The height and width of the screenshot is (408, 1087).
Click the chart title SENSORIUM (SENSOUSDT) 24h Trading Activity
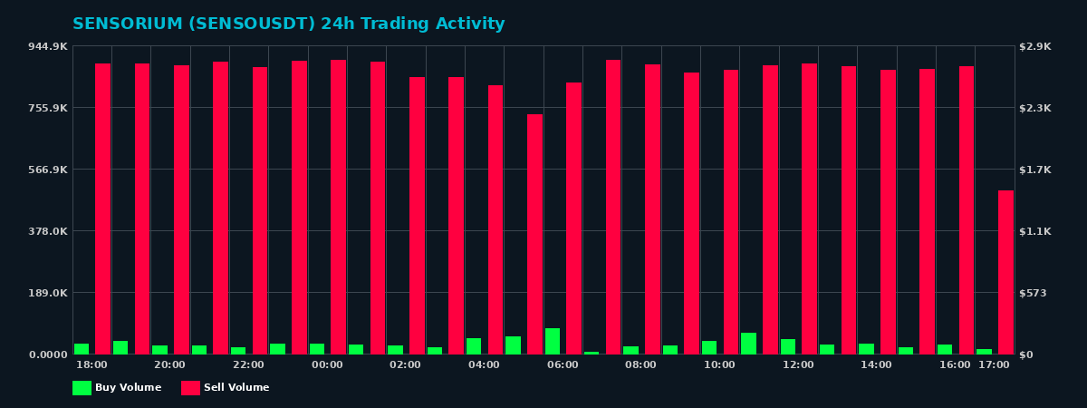[x=288, y=24]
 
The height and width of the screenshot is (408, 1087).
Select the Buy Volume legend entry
[x=117, y=388]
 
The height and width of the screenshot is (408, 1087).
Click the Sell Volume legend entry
[x=226, y=388]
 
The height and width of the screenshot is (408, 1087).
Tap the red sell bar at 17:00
[x=1005, y=272]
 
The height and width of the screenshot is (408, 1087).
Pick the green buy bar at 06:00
[x=553, y=342]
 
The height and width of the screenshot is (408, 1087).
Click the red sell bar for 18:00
[x=103, y=209]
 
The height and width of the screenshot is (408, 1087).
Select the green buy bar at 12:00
[x=788, y=347]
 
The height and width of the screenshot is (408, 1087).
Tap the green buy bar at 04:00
[x=474, y=346]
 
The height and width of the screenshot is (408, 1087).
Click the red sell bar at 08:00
[x=652, y=209]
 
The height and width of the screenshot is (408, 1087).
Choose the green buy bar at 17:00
[x=984, y=352]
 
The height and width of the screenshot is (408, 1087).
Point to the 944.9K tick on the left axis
[x=47, y=46]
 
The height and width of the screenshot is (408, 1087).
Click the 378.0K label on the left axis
[x=47, y=231]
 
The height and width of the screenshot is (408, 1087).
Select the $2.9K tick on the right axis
[x=1035, y=46]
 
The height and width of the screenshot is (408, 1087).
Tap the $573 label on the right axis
[x=1033, y=293]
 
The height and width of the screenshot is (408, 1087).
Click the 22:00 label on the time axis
[x=248, y=365]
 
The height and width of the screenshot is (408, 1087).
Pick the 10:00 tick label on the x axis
[x=719, y=365]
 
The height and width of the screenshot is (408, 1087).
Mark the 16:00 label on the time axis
[x=955, y=365]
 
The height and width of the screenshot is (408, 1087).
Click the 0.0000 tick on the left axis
[x=47, y=355]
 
